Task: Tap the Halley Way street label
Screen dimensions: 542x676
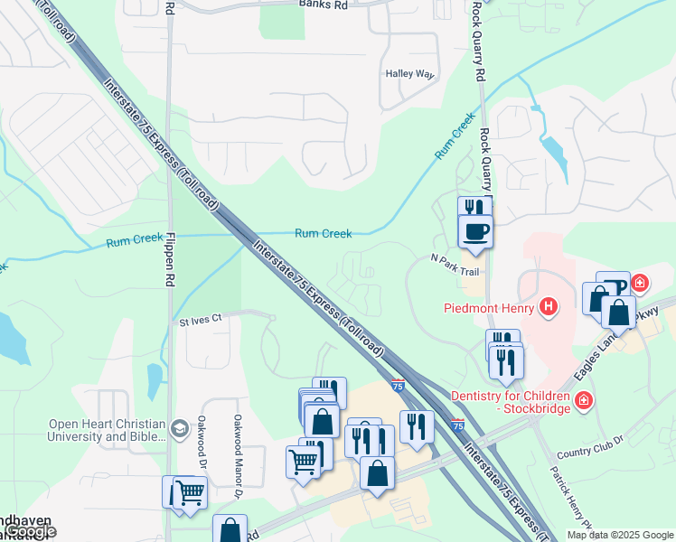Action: pyautogui.click(x=409, y=74)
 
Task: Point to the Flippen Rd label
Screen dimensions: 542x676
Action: pyautogui.click(x=169, y=261)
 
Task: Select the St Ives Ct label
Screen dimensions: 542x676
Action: pyautogui.click(x=201, y=321)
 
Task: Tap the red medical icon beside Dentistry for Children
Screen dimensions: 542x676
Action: pyautogui.click(x=585, y=398)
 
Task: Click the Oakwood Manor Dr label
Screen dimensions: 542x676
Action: pyautogui.click(x=239, y=456)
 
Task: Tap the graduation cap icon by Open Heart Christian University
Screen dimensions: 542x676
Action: pyautogui.click(x=180, y=427)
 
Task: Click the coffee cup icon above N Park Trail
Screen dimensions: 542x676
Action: pyautogui.click(x=475, y=231)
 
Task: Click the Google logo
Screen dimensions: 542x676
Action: pyautogui.click(x=32, y=531)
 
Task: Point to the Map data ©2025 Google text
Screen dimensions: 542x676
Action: pyautogui.click(x=620, y=536)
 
